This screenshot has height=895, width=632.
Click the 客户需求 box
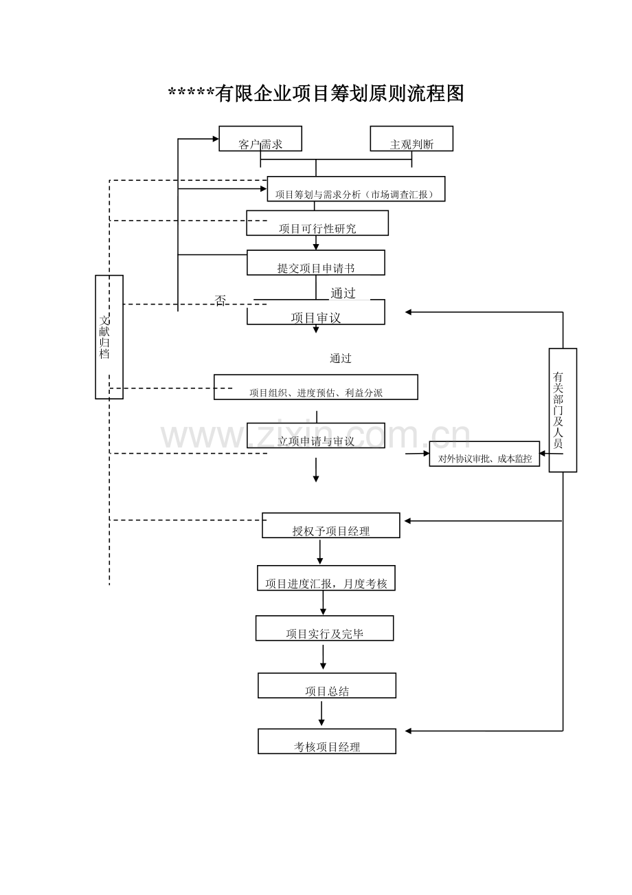[260, 139]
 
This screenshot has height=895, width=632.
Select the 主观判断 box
[411, 139]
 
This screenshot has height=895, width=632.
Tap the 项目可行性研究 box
[317, 223]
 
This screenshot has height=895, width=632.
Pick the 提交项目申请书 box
[316, 263]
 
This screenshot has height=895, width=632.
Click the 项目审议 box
[316, 313]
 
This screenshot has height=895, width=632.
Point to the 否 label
[221, 300]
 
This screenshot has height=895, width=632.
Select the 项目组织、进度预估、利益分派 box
[316, 387]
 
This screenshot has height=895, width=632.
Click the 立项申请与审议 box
[316, 436]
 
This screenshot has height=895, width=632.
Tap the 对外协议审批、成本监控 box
[484, 454]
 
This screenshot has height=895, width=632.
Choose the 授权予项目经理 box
[331, 526]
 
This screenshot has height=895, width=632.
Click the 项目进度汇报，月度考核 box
[326, 579]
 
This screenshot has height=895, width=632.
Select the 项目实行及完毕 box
[325, 628]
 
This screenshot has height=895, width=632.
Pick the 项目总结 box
[327, 686]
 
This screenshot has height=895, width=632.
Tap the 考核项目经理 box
[327, 742]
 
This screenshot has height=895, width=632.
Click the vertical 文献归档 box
[109, 337]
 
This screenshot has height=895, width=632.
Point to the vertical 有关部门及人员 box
[563, 410]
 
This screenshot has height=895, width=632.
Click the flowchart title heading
[316, 93]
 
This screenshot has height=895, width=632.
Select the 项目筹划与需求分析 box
[356, 189]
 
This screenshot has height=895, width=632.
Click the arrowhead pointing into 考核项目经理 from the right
[409, 731]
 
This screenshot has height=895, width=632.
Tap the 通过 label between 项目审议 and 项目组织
[340, 358]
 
